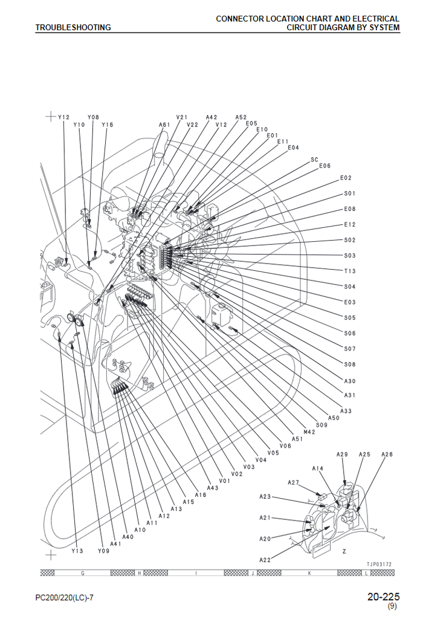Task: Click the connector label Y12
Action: (63, 117)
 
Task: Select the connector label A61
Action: (164, 125)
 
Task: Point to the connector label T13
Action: (350, 271)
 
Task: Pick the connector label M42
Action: (309, 432)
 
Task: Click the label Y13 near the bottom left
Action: (76, 551)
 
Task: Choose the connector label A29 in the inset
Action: (342, 454)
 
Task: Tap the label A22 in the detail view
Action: (265, 560)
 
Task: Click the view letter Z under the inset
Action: (344, 551)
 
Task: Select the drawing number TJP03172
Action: (379, 565)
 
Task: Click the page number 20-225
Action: (383, 597)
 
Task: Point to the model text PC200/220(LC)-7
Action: (64, 598)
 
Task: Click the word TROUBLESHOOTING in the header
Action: (73, 27)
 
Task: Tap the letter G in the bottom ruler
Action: (82, 572)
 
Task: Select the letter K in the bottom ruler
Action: (310, 572)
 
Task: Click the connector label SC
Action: (314, 160)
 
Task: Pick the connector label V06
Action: (285, 446)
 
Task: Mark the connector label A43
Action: (213, 488)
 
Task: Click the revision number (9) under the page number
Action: (392, 606)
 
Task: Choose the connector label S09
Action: (321, 424)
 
